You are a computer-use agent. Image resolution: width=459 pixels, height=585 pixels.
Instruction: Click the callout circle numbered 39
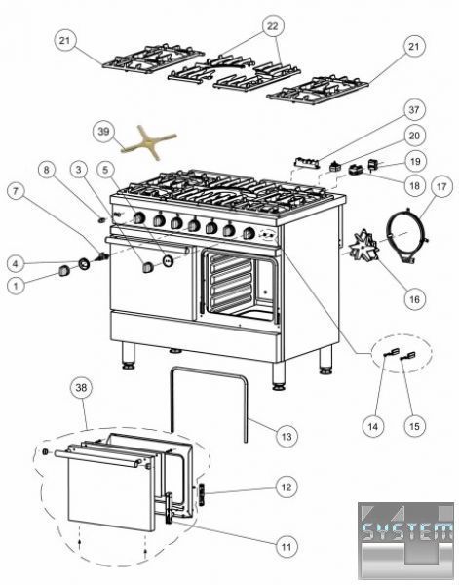pos(103,132)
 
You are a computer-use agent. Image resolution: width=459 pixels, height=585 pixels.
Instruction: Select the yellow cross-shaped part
pos(149,142)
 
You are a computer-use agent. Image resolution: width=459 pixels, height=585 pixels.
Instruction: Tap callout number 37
pos(414,110)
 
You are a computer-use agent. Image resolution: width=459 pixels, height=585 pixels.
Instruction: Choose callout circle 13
pos(287,436)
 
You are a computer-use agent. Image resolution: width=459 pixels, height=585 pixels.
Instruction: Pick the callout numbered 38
pos(81,388)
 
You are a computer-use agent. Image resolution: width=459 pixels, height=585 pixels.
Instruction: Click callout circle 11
pos(287,547)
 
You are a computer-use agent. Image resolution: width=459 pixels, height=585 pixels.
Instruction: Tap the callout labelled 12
pos(287,487)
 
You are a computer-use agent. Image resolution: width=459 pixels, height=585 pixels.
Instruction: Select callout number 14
pos(373,426)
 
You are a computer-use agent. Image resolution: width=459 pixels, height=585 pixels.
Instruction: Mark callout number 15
pos(414,426)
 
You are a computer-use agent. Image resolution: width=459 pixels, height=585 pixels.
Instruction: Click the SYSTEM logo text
pos(406,530)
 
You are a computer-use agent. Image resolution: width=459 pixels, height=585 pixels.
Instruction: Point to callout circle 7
pos(16,192)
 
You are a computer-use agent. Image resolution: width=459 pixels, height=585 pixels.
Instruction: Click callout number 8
pos(46,171)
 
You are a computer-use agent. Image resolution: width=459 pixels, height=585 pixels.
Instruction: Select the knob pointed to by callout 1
pos(63,270)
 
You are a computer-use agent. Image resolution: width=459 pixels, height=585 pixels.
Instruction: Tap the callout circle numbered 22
pos(273,26)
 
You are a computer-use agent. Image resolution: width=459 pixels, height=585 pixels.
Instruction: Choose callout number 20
pos(414,136)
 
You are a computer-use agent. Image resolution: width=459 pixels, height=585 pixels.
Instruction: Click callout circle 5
pos(106,170)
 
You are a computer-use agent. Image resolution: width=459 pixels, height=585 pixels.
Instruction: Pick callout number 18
pos(414,185)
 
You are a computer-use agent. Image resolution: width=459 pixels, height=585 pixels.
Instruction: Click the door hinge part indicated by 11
pos(170,508)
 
